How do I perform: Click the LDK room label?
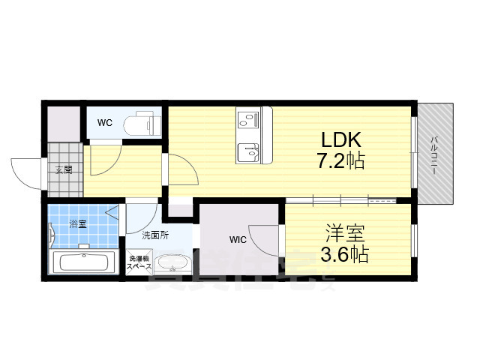(342, 139)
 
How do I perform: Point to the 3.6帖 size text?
(344, 253)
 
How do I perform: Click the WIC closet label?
(238, 240)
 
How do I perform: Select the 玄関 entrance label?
(64, 169)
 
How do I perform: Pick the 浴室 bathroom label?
(77, 223)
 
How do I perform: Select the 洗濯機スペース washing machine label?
(139, 262)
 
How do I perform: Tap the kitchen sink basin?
(248, 152)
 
